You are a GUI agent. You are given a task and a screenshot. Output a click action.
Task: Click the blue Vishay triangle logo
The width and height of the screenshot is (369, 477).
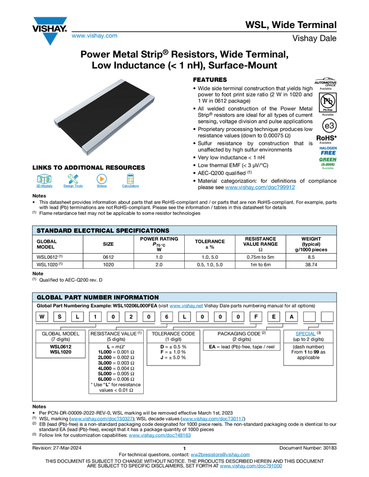pyautogui.click(x=50, y=39)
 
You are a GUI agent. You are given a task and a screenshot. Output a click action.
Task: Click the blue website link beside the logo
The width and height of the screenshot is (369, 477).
pyautogui.click(x=94, y=36)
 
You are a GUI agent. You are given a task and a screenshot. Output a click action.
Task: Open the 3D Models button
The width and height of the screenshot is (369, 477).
pyautogui.click(x=44, y=182)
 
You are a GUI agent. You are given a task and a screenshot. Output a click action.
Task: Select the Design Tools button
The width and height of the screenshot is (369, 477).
pyautogui.click(x=73, y=182)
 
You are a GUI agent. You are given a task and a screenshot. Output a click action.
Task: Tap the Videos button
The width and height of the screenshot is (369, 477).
pyautogui.click(x=102, y=182)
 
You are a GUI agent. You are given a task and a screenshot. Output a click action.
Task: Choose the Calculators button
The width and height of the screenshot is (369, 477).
pyautogui.click(x=130, y=182)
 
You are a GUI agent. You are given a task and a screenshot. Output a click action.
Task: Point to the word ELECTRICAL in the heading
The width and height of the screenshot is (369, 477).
pyautogui.click(x=95, y=231)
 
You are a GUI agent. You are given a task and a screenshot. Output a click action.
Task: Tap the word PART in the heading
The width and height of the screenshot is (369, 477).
pyautogui.click(x=74, y=297)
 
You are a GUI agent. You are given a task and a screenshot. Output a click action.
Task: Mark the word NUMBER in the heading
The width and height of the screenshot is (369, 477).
pyautogui.click(x=98, y=297)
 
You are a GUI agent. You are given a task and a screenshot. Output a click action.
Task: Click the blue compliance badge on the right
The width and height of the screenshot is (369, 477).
pyautogui.click(x=328, y=150)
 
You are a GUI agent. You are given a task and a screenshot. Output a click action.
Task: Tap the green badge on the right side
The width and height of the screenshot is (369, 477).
pyautogui.click(x=327, y=162)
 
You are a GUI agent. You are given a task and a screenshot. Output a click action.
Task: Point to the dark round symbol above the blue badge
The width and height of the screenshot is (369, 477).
pyautogui.click(x=330, y=126)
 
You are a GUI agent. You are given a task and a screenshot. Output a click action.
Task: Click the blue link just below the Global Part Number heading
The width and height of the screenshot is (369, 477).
pyautogui.click(x=186, y=307)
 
